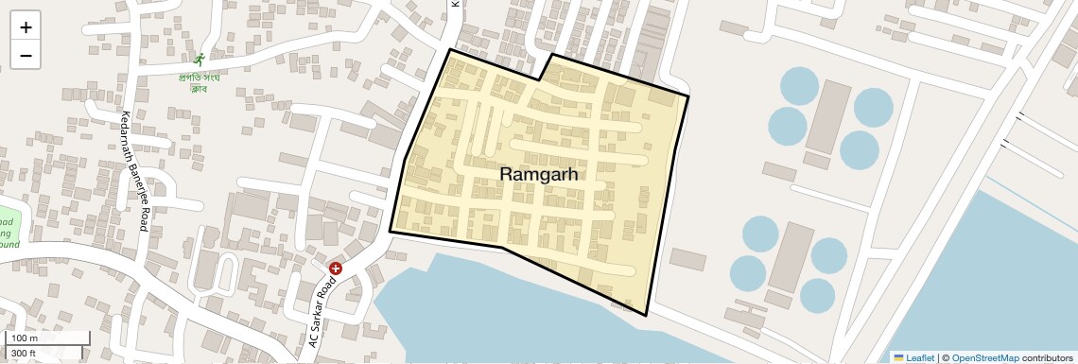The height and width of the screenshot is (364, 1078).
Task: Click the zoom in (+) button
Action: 26,27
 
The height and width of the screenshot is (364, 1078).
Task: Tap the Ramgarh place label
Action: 538,175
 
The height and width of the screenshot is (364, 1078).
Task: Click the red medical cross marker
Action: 335,269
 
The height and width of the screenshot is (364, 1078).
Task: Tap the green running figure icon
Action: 199,59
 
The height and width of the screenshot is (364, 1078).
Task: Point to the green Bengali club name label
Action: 199,82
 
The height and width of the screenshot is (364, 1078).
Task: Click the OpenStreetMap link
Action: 984,357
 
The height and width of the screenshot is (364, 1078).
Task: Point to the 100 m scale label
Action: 25,338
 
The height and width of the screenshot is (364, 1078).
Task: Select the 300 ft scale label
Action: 24,353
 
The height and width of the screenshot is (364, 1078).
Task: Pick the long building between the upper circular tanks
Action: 828,115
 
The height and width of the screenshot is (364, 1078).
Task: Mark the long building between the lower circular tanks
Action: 791,257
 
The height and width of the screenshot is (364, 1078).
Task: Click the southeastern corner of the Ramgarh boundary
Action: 646,315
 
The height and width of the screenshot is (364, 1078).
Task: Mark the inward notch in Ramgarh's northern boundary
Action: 539,80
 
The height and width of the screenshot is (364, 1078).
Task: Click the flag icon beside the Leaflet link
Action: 898,357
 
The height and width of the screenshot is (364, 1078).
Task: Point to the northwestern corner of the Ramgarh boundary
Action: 449,49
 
